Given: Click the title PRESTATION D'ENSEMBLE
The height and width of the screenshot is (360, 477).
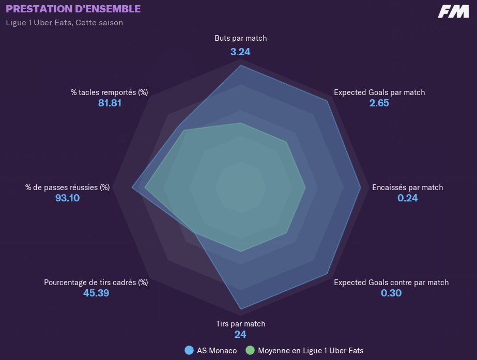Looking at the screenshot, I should [x=73, y=9].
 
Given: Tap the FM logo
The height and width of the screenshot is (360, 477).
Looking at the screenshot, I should [x=453, y=12].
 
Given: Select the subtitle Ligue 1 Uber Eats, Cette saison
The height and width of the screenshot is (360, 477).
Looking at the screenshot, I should [x=65, y=23].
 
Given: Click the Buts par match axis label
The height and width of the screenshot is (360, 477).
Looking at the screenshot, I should [x=241, y=38].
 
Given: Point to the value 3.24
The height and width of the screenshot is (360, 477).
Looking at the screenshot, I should [x=241, y=51].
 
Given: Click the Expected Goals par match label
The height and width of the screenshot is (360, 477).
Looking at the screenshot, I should [x=379, y=92].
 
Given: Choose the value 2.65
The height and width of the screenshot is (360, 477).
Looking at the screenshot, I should [x=379, y=103].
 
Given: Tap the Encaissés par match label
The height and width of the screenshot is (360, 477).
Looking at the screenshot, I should [x=407, y=187].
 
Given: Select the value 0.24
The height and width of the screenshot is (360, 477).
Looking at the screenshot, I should [x=407, y=198].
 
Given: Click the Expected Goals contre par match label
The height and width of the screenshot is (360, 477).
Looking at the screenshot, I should [x=391, y=283].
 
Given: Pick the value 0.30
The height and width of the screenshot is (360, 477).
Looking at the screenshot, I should [x=391, y=293].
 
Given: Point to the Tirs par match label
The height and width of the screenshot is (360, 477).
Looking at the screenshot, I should [x=240, y=324].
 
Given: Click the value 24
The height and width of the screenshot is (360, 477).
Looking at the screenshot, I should [x=240, y=334].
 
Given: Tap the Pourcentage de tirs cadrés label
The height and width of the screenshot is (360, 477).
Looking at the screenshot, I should [x=96, y=283].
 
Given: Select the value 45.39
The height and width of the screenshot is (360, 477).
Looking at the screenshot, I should [x=96, y=293].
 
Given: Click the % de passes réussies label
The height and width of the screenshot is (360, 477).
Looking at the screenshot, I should [x=68, y=187].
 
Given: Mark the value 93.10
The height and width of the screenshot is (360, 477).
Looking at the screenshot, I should [x=68, y=198].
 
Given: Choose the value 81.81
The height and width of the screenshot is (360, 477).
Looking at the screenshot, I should [x=110, y=103].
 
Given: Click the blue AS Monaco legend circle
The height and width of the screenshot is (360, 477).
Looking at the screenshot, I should [x=189, y=351].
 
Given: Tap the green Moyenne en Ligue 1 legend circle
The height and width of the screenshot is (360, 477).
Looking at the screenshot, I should [x=250, y=351].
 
